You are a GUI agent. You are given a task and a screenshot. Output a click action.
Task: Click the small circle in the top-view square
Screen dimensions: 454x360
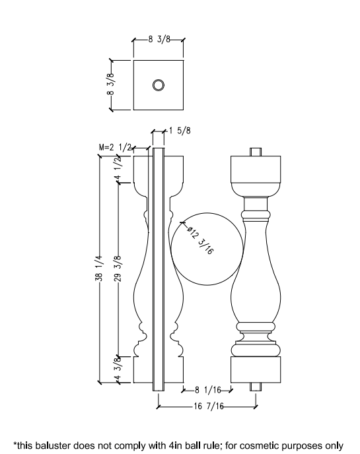click(159, 84)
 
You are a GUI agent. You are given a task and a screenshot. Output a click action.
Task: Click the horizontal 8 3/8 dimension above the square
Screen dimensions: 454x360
click(159, 40)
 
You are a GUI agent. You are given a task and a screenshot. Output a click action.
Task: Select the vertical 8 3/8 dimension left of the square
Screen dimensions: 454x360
click(112, 84)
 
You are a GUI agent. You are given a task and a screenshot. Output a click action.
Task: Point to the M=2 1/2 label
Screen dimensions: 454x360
click(113, 146)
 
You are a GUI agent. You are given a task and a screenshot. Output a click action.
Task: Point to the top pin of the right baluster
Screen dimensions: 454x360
click(256, 151)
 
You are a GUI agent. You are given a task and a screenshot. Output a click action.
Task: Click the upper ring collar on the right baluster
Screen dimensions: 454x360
click(256, 215)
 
